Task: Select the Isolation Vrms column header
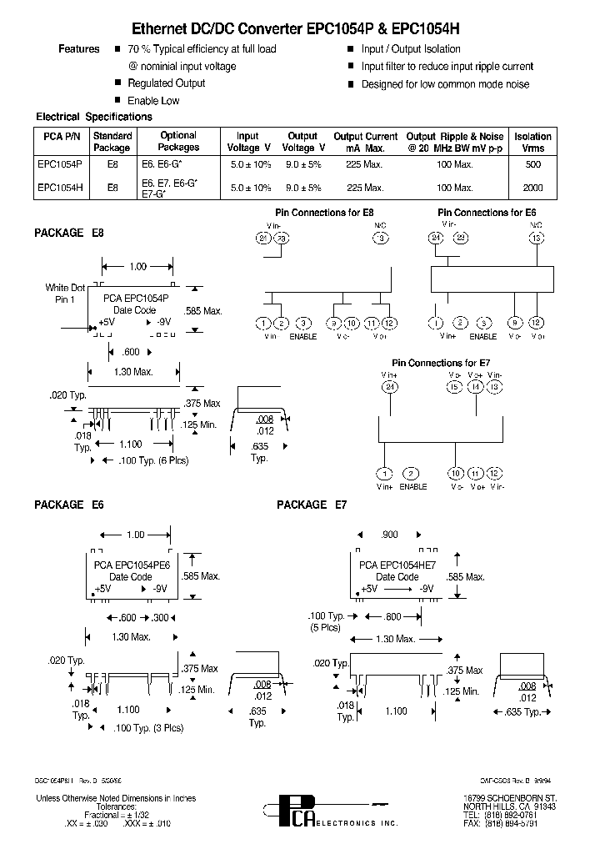532,142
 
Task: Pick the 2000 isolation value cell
532,188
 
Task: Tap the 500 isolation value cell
532,165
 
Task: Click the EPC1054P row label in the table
60,165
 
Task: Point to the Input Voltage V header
247,142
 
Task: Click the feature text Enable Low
153,101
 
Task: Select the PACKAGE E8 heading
68,233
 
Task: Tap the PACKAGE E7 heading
312,505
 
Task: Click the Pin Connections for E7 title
439,364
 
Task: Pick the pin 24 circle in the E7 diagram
389,387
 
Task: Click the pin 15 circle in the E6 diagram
536,238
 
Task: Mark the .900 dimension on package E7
388,535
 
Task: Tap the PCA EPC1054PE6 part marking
131,565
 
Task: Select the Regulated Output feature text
166,83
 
